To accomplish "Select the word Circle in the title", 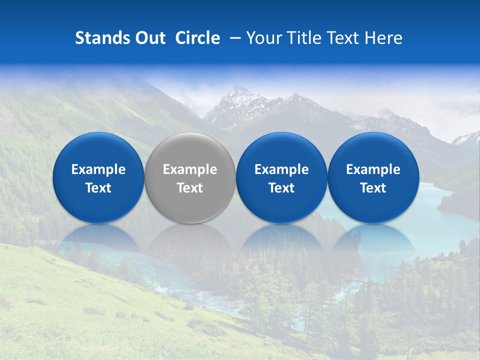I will (x=197, y=38).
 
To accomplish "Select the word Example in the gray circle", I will (x=190, y=169).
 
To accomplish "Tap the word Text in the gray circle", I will (x=190, y=188).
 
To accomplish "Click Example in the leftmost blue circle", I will (x=98, y=169).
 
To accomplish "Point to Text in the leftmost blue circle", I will (x=98, y=188).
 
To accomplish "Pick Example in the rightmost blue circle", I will (x=373, y=169).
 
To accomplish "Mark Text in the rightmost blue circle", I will (x=373, y=188).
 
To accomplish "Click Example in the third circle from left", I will (x=281, y=169).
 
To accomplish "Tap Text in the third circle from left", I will (x=281, y=188).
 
